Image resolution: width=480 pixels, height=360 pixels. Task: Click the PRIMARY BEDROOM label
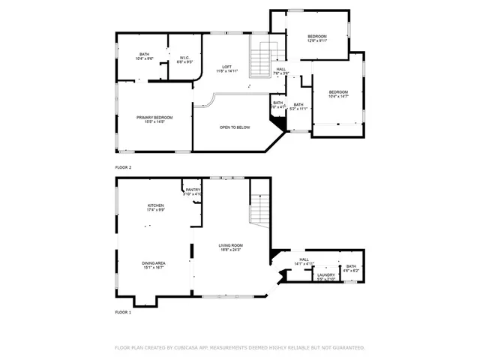tap(154, 118)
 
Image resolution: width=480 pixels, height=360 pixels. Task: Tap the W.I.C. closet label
tap(184, 59)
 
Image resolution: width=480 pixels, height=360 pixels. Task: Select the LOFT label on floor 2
tap(226, 68)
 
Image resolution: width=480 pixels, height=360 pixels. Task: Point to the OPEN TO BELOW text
tap(234, 127)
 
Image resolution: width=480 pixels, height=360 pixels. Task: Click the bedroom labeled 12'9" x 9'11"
tap(317, 39)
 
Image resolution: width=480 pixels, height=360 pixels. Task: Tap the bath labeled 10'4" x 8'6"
tap(145, 56)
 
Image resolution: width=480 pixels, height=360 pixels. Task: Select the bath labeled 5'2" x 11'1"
tap(298, 106)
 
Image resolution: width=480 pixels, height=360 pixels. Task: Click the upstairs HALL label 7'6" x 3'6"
tap(280, 71)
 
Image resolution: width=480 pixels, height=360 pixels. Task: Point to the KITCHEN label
tap(155, 207)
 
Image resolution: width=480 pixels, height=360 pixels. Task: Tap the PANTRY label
tap(193, 192)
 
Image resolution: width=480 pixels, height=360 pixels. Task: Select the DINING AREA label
tap(154, 265)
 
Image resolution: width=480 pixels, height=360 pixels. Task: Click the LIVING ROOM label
tap(231, 247)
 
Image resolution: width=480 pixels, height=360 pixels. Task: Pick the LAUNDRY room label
tap(325, 276)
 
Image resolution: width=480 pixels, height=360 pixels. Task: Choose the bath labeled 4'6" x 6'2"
tap(350, 268)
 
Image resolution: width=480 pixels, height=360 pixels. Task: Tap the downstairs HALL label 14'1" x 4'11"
tap(304, 262)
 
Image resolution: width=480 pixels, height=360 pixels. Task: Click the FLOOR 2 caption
tap(123, 167)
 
